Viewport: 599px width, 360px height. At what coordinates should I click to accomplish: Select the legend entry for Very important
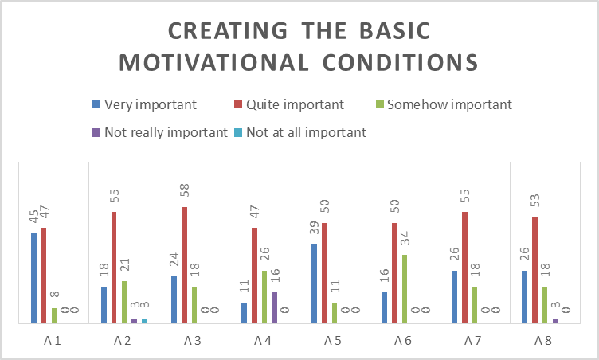click(x=144, y=104)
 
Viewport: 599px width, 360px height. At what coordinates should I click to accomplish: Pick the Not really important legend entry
click(x=160, y=132)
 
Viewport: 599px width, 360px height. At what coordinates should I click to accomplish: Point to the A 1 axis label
click(x=53, y=341)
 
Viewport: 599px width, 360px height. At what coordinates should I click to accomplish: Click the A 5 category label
click(x=334, y=341)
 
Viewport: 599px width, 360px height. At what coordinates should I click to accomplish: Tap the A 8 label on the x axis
click(x=544, y=341)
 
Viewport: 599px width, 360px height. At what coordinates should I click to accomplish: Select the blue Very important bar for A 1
click(x=33, y=279)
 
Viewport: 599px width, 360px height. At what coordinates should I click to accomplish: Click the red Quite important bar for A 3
click(x=184, y=265)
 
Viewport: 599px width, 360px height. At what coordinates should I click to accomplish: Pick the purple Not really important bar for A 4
click(x=275, y=307)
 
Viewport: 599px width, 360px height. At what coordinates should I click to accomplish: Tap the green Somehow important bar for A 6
click(x=405, y=289)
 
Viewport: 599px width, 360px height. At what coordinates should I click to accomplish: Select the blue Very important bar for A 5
click(x=314, y=284)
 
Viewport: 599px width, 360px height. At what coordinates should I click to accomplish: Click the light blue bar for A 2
click(x=145, y=321)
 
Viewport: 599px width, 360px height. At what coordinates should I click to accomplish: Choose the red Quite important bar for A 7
click(x=464, y=268)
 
